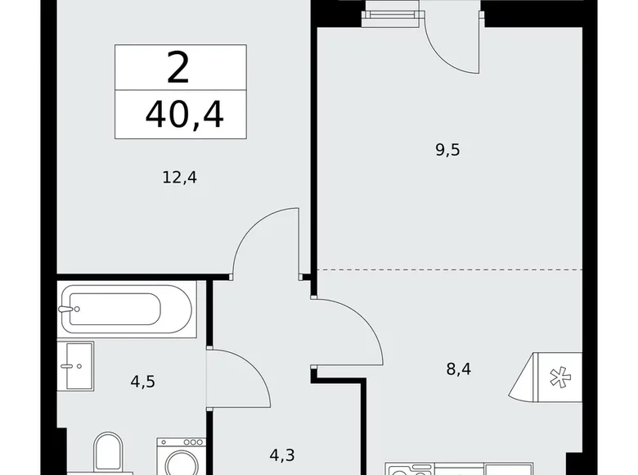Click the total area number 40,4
pos(184,115)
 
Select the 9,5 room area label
pos(448,149)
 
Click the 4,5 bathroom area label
pos(144,381)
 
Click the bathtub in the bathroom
pos(128,310)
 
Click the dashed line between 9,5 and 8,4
pos(450,269)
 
